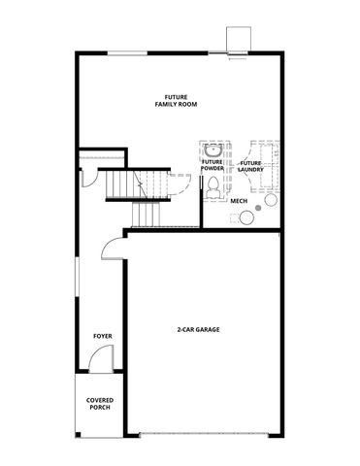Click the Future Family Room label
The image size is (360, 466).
coord(176,101)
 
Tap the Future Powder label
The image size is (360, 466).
coord(213,166)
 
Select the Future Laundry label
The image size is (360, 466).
coord(251,166)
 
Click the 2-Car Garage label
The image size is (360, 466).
coord(198,330)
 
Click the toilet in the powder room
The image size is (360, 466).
coord(213,189)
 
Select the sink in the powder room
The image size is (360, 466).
coord(213,150)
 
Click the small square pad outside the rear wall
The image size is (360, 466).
coord(238,38)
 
